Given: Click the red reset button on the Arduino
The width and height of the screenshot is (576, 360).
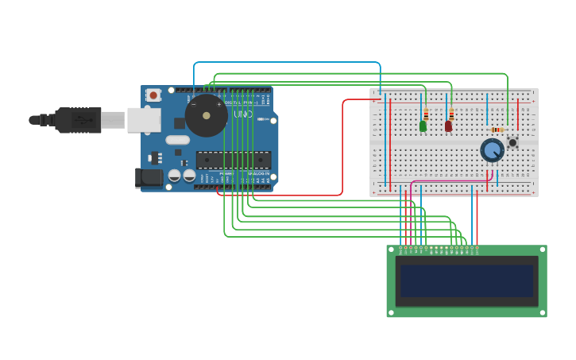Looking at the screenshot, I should pyautogui.click(x=153, y=95).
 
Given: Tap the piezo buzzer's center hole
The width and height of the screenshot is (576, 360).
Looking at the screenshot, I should pyautogui.click(x=207, y=116).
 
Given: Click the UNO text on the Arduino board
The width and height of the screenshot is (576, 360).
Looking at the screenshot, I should pyautogui.click(x=243, y=114).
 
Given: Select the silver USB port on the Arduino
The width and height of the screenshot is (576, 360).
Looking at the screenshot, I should pyautogui.click(x=144, y=120).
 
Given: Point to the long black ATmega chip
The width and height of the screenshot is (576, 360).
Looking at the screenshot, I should pyautogui.click(x=233, y=160).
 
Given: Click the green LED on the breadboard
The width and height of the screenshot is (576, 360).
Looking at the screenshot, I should pyautogui.click(x=423, y=126).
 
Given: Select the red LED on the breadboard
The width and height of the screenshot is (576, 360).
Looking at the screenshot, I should pyautogui.click(x=449, y=126).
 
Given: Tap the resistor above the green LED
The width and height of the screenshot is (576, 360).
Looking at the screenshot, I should pyautogui.click(x=426, y=114).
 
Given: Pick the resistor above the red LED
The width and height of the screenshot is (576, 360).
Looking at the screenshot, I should pyautogui.click(x=451, y=114).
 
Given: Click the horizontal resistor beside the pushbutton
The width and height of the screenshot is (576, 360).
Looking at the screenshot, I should pyautogui.click(x=497, y=130).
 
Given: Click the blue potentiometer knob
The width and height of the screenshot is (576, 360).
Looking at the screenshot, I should pyautogui.click(x=493, y=149).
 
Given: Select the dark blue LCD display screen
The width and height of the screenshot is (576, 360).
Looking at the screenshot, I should pyautogui.click(x=466, y=281).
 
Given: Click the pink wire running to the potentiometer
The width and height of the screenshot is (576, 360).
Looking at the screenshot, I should pyautogui.click(x=445, y=181).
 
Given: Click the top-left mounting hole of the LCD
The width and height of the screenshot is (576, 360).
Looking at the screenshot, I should pyautogui.click(x=391, y=250).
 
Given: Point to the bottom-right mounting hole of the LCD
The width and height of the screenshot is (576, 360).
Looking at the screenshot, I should pyautogui.click(x=543, y=313).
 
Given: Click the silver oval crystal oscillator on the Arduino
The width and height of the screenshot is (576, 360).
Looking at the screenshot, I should pyautogui.click(x=177, y=140).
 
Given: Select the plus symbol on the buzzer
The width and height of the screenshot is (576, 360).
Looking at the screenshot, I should pyautogui.click(x=219, y=104).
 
